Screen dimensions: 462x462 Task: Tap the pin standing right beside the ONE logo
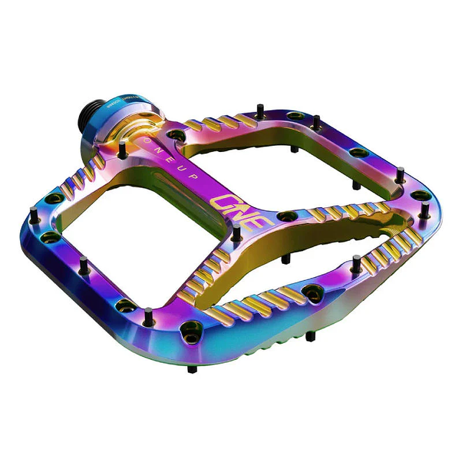pos(236,232)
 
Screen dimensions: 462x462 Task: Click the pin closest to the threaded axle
pos(123,148)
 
